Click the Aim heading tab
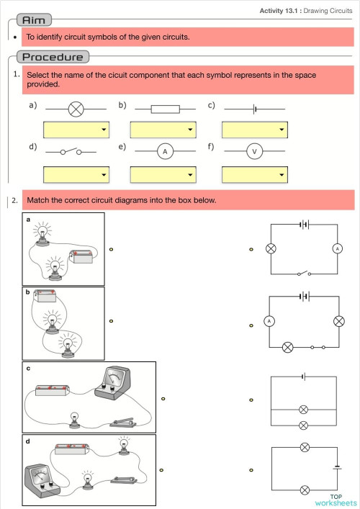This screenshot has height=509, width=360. [x=34, y=20]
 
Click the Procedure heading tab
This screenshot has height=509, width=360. [x=53, y=57]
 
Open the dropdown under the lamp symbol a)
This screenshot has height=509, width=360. [x=76, y=130]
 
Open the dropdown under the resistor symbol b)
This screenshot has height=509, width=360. [x=163, y=130]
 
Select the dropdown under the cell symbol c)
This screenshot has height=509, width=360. [x=254, y=130]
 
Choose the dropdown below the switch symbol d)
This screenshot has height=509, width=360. [x=76, y=175]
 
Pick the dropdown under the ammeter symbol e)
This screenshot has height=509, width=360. [x=163, y=175]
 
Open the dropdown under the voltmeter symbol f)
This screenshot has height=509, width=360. [x=254, y=175]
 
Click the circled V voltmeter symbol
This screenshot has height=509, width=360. [x=254, y=151]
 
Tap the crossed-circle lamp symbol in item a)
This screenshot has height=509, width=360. [x=76, y=109]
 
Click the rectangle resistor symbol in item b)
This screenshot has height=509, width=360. [x=165, y=109]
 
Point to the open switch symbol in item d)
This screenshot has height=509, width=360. [x=71, y=151]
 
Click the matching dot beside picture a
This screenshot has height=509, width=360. [x=111, y=249]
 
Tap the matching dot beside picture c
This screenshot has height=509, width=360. [x=163, y=399]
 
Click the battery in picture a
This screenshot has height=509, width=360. [x=81, y=256]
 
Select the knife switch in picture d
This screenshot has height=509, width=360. [x=124, y=479]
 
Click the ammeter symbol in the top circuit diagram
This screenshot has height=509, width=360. [x=337, y=248]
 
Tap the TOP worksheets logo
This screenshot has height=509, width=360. [x=336, y=500]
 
